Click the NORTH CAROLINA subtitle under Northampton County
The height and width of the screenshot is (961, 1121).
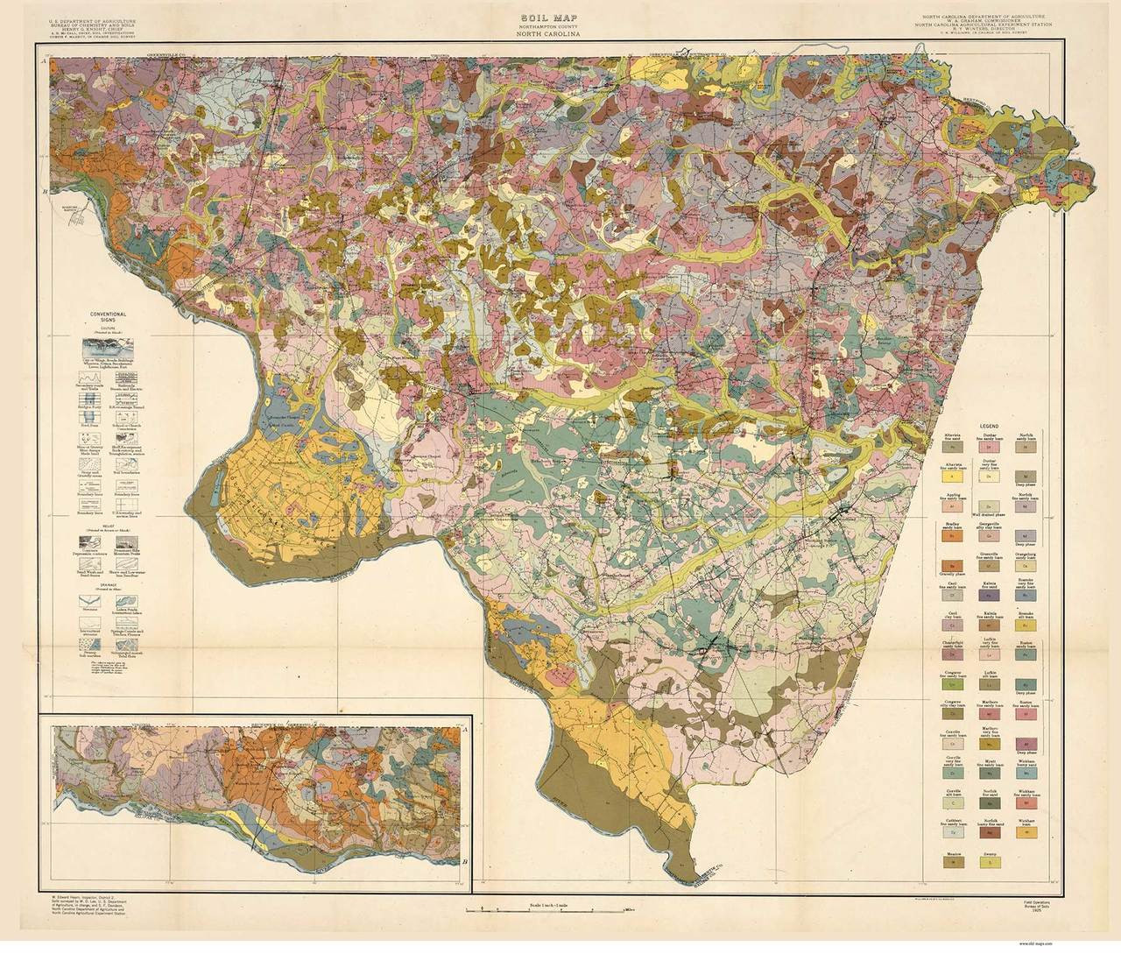(x=560, y=36)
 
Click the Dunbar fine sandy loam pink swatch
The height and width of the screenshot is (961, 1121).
(x=990, y=447)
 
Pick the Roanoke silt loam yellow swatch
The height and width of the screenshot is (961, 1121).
(x=1026, y=625)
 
